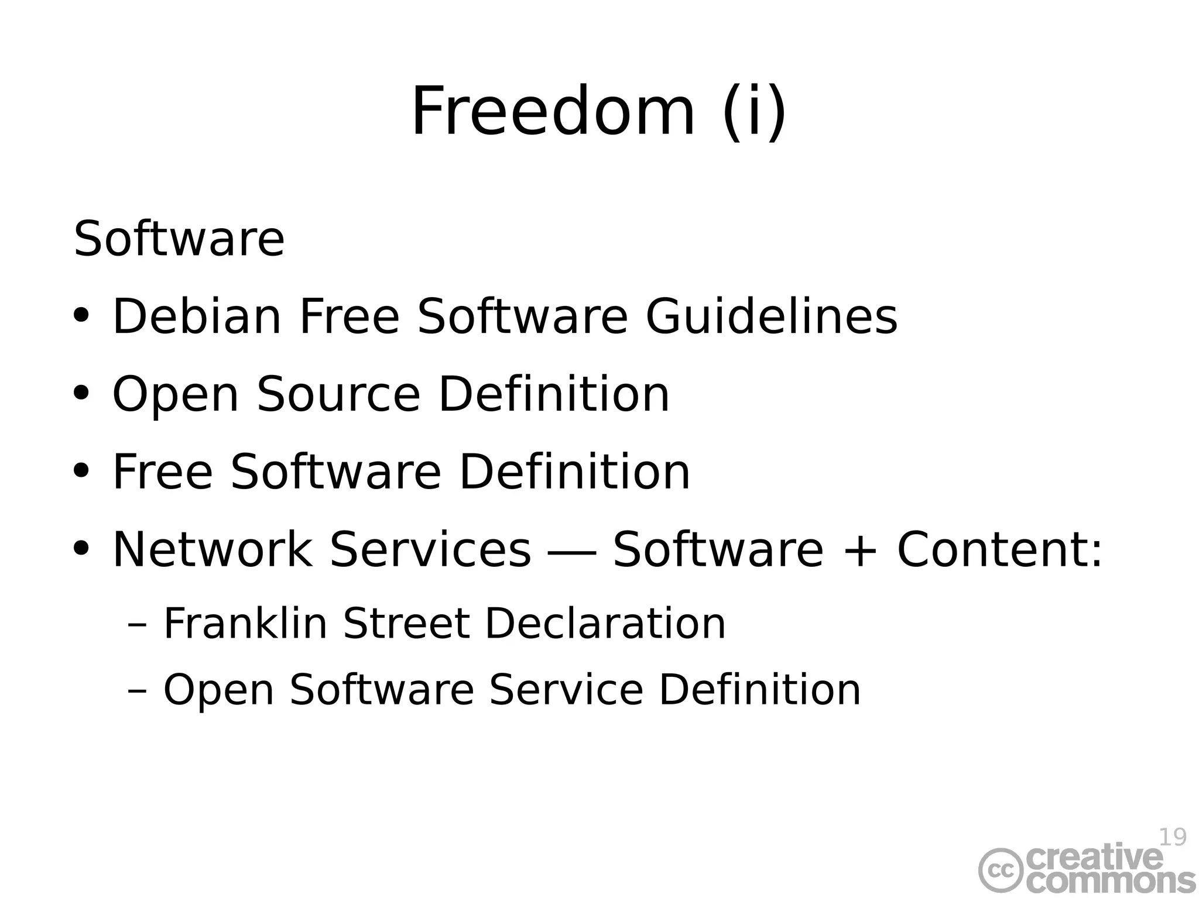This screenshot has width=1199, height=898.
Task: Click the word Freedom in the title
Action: tap(553, 111)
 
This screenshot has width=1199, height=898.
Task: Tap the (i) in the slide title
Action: tap(754, 111)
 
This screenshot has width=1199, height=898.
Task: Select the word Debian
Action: tap(197, 316)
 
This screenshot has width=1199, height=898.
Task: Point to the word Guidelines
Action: tap(771, 316)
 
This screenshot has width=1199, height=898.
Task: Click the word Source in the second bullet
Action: tap(338, 394)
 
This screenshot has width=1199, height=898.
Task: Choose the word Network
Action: tap(213, 549)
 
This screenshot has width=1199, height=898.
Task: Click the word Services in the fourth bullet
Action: tap(430, 549)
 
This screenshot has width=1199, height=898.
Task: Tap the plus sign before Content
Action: tap(860, 551)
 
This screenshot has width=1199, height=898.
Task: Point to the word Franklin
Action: tap(245, 624)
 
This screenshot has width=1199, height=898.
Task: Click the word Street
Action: tap(406, 624)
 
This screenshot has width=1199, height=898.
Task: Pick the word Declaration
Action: tap(605, 624)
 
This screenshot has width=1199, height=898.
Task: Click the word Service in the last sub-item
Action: tap(566, 690)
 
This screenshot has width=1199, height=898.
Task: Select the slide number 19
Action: tap(1173, 837)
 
